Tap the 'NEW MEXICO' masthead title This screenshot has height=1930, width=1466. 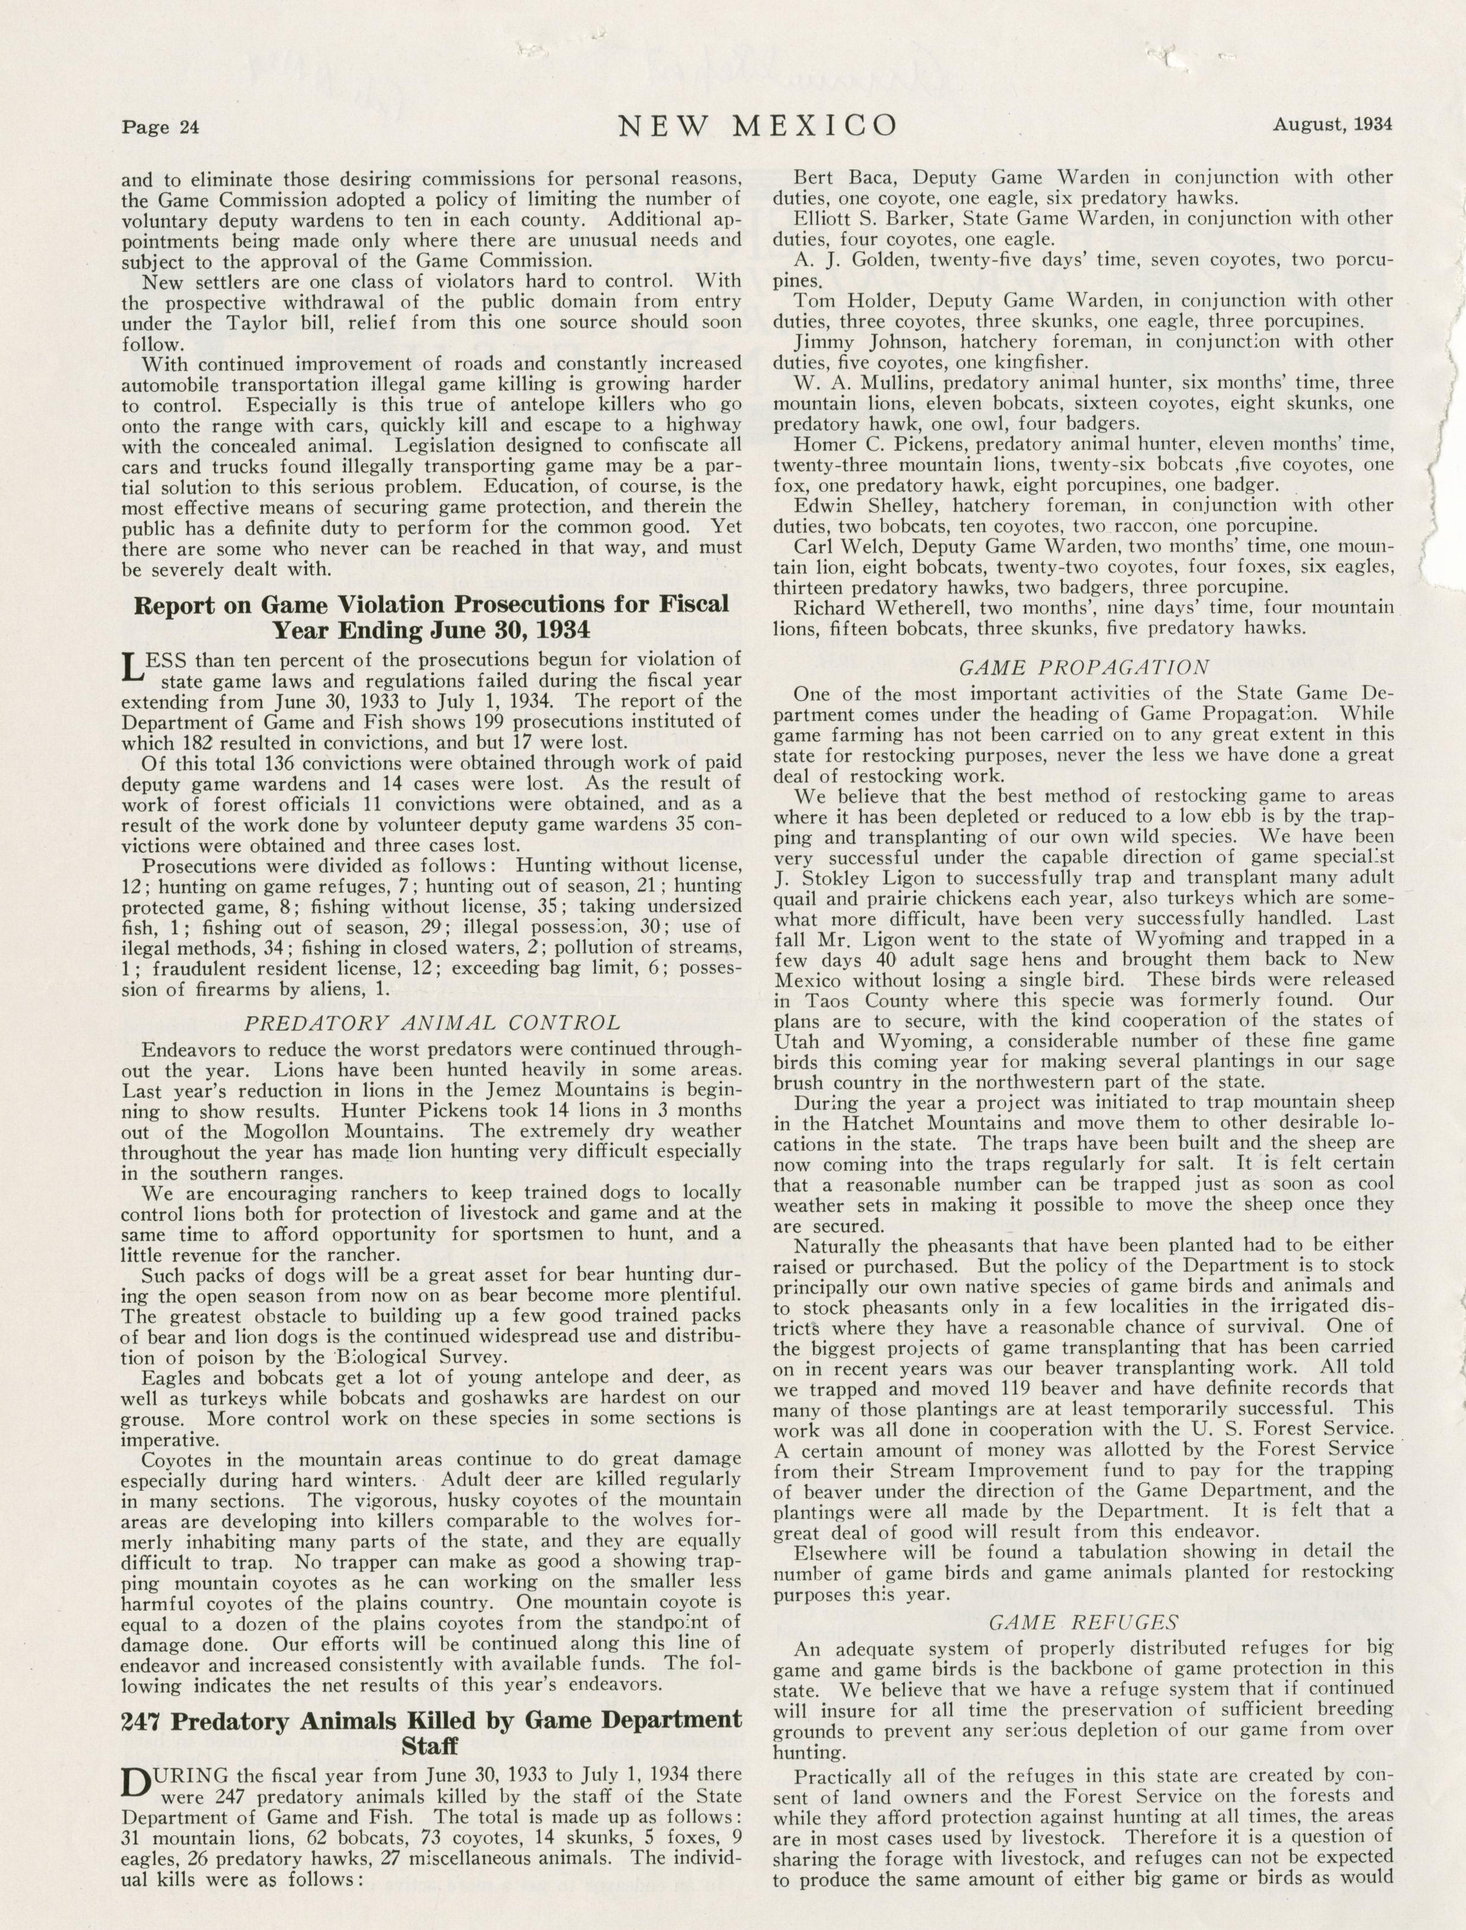click(x=758, y=126)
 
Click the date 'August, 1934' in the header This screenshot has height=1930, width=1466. click(x=1332, y=124)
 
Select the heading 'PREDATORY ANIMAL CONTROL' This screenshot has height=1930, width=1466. click(x=432, y=1023)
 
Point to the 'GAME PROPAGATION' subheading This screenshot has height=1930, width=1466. click(x=1084, y=668)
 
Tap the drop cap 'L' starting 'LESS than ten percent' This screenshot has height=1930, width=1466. click(x=129, y=671)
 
